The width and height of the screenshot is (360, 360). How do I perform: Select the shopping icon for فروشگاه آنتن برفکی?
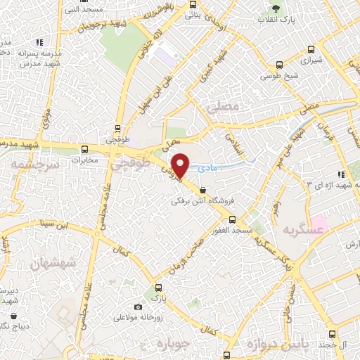203,190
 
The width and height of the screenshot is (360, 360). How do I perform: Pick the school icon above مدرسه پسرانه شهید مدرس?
39,42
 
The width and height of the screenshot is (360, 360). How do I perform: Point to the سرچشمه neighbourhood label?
27,163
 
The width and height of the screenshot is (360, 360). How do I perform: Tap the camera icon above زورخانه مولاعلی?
138,307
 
